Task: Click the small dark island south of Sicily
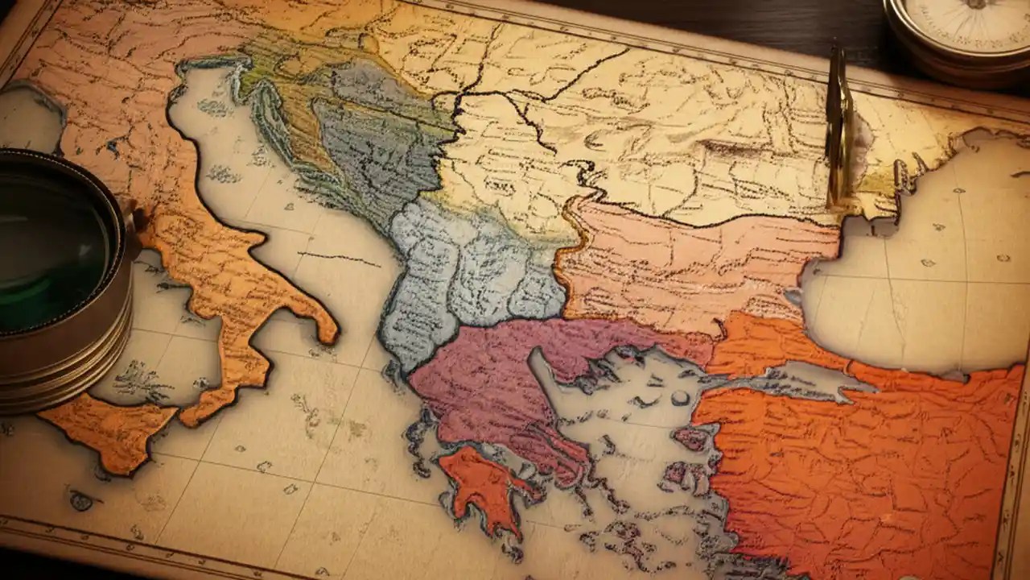(80, 501)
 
